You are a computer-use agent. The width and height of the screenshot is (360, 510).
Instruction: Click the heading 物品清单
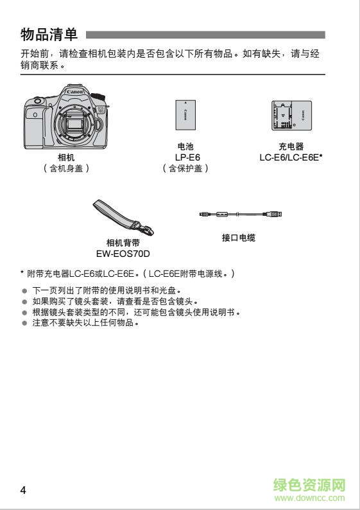point(49,34)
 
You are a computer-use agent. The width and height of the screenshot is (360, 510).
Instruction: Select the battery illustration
point(185,116)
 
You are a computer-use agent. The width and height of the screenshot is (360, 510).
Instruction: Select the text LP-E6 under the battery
point(187,157)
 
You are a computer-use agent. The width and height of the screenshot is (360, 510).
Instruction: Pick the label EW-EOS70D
point(123,253)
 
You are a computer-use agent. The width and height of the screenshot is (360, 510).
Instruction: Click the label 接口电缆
point(239,238)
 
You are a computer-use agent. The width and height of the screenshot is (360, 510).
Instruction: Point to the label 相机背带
point(123,243)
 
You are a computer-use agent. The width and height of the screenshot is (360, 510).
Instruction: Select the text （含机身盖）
point(66,168)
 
